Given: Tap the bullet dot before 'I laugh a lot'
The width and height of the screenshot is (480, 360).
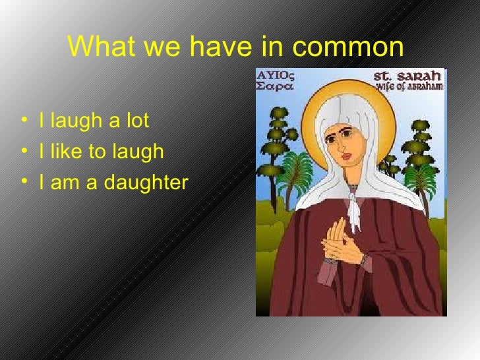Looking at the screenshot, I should (x=24, y=121).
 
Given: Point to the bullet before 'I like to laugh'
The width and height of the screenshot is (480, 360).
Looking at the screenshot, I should (x=24, y=152).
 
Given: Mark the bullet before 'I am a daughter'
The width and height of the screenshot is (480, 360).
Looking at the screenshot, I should (x=24, y=183).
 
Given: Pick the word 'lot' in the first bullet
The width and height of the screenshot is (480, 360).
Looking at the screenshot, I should (x=138, y=121).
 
